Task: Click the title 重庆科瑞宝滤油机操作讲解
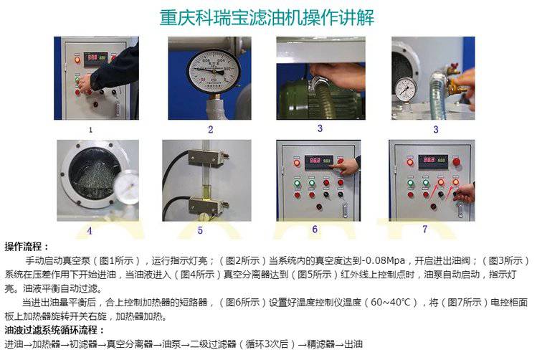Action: [267, 17]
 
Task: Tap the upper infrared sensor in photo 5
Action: [206, 158]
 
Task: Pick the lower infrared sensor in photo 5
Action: [206, 205]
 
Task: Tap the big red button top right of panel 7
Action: [456, 161]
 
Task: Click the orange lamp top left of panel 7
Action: [409, 162]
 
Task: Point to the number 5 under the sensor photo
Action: [200, 231]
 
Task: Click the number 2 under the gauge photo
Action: [211, 130]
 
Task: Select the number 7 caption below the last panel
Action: [424, 229]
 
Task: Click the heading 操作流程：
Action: [27, 247]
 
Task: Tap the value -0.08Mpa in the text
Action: [383, 260]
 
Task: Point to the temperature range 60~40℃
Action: [391, 303]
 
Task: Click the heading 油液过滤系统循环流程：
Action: [54, 330]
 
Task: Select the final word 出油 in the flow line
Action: [353, 344]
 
